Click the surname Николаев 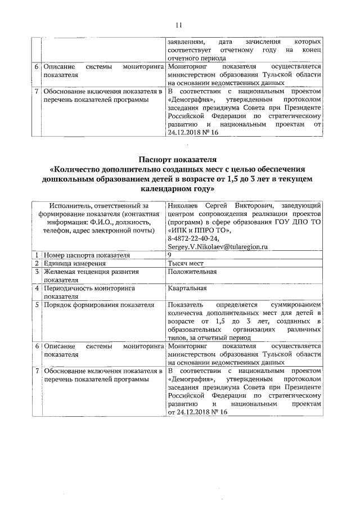click(x=184, y=206)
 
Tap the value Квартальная click(x=187, y=288)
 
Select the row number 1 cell click(x=36, y=255)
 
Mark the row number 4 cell click(x=36, y=288)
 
